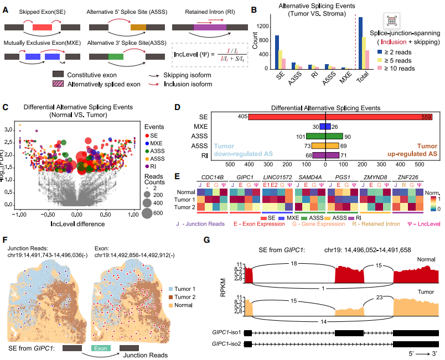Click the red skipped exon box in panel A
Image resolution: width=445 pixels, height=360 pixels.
[42, 27]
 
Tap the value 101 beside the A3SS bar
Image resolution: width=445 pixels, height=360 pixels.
[301, 137]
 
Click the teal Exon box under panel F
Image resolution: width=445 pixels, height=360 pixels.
[100, 348]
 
